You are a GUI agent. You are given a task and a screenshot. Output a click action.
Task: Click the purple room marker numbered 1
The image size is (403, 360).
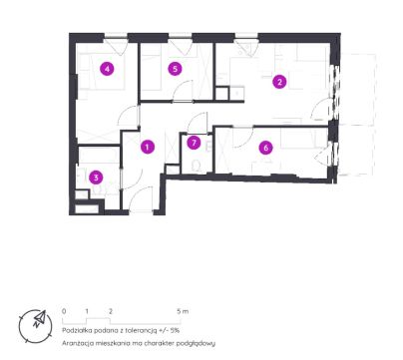pos(148,147)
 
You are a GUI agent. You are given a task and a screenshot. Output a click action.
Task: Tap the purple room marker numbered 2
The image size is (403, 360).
pos(279,82)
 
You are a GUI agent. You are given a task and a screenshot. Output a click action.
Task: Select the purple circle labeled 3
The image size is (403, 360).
pos(96,178)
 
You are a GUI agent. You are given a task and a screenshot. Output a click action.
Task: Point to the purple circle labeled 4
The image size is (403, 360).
pos(107,69)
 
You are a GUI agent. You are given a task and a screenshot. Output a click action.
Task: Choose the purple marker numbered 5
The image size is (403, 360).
pos(176,69)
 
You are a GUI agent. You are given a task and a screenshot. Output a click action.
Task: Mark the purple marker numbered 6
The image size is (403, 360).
pos(265,148)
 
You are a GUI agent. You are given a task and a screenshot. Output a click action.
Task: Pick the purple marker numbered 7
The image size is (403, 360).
pos(194,143)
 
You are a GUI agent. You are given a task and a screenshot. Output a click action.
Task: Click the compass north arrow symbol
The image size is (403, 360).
pos(39,318)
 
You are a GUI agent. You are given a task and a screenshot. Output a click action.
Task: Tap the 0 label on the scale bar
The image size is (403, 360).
pos(64,311)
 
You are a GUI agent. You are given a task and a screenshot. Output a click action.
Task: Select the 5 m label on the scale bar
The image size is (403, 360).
pos(183,311)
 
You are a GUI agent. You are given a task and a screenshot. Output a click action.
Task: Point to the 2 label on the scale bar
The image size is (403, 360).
pos(111,311)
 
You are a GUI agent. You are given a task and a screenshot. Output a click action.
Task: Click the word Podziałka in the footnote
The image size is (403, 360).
pos(75,331)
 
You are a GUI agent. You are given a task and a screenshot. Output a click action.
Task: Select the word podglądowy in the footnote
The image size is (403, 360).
pos(197,344)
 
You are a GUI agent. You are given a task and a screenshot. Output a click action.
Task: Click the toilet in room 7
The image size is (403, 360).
pos(197,167)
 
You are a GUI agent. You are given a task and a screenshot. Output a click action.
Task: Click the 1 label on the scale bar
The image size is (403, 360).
pos(87,311)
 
